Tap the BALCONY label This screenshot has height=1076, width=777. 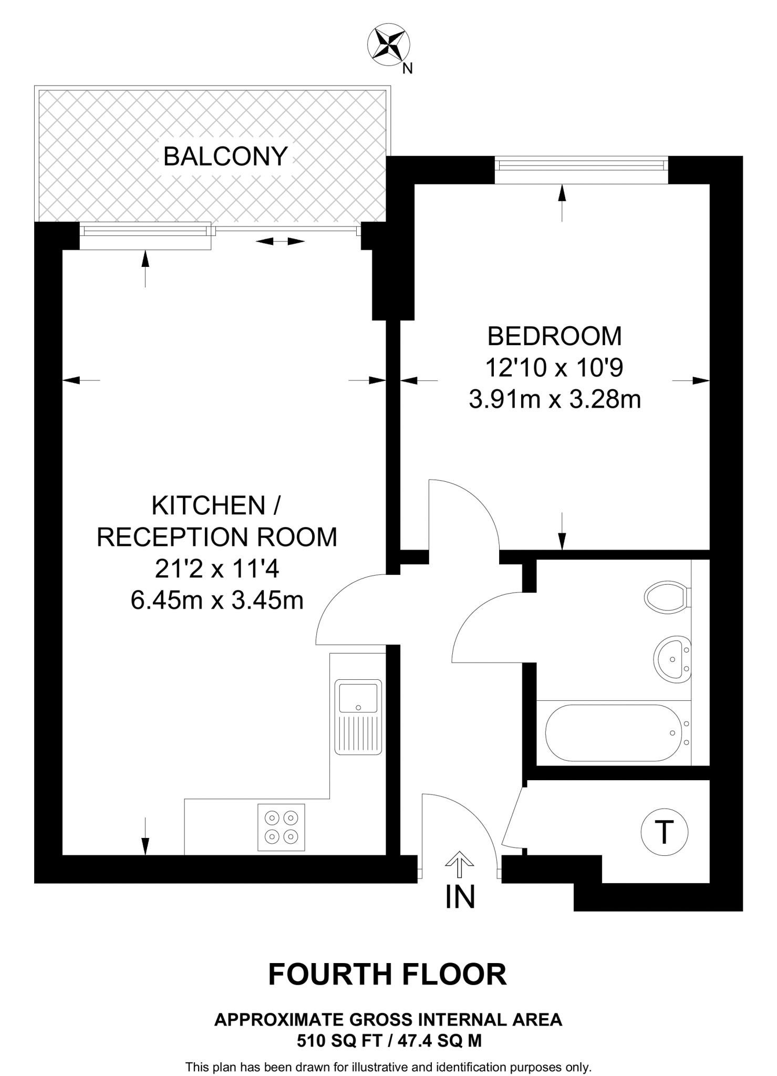click(225, 156)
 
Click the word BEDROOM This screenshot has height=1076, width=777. click(554, 336)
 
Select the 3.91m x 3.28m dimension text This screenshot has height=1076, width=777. click(554, 399)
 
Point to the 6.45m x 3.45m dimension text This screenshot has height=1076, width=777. click(217, 599)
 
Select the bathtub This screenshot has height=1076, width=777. click(613, 732)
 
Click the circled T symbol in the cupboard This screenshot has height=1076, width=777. click(665, 832)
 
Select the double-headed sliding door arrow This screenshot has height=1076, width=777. click(281, 241)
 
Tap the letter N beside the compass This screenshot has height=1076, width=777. click(407, 69)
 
